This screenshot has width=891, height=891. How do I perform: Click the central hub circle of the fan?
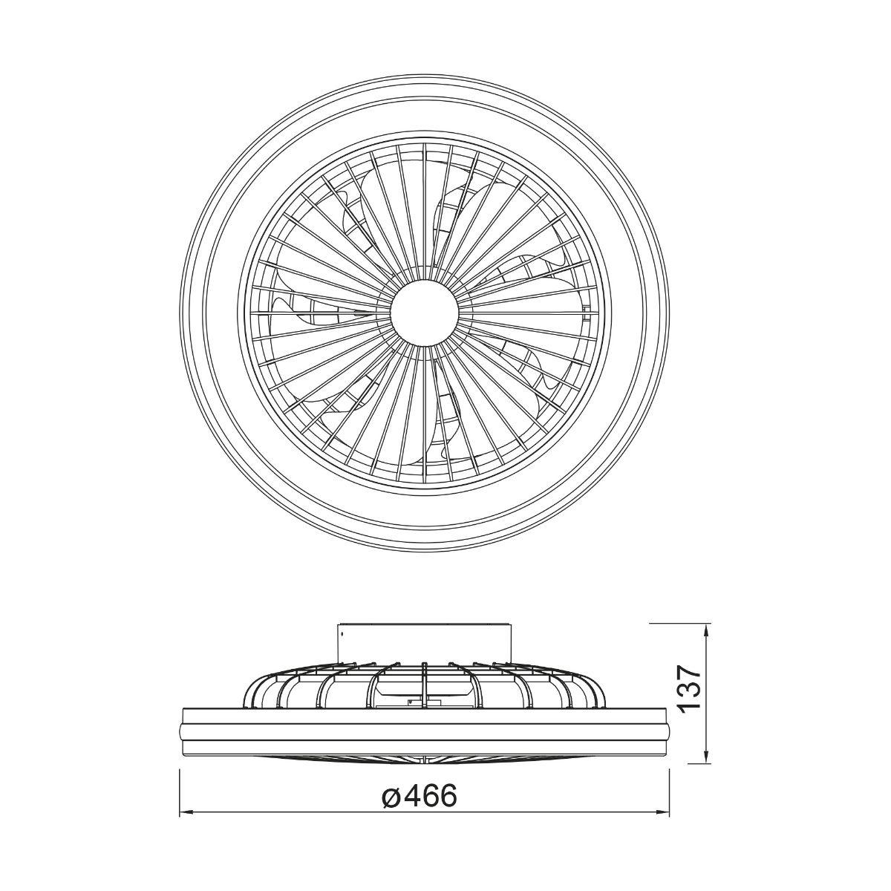click(x=425, y=313)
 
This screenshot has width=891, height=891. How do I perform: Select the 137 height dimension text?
click(x=689, y=700)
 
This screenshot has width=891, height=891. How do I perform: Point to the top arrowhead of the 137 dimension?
click(x=707, y=630)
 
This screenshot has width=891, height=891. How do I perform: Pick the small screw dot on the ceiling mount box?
click(x=342, y=632)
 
